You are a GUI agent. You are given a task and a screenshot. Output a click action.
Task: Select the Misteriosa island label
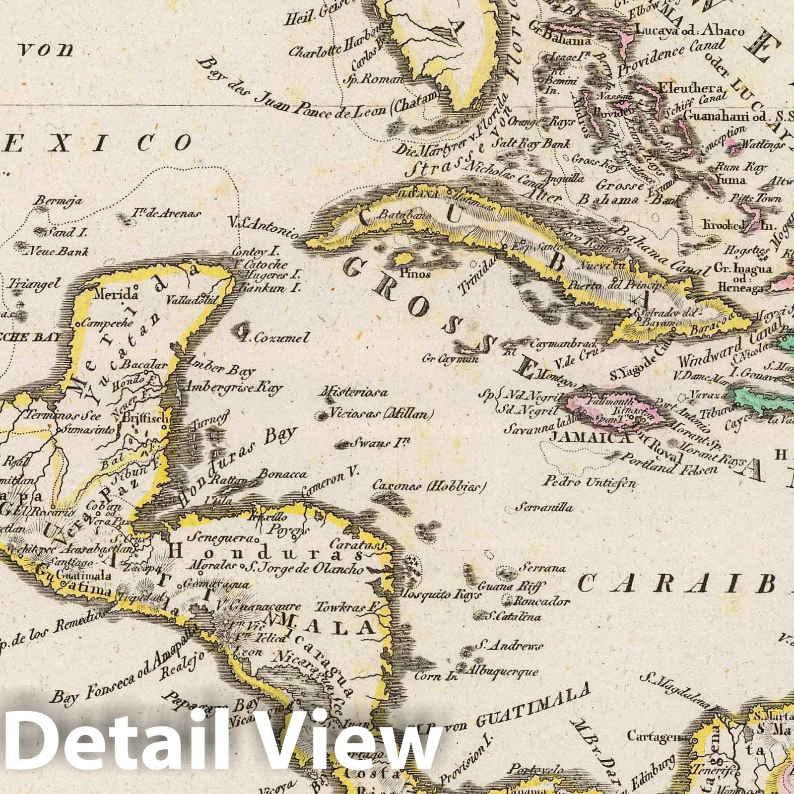click(355, 393)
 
